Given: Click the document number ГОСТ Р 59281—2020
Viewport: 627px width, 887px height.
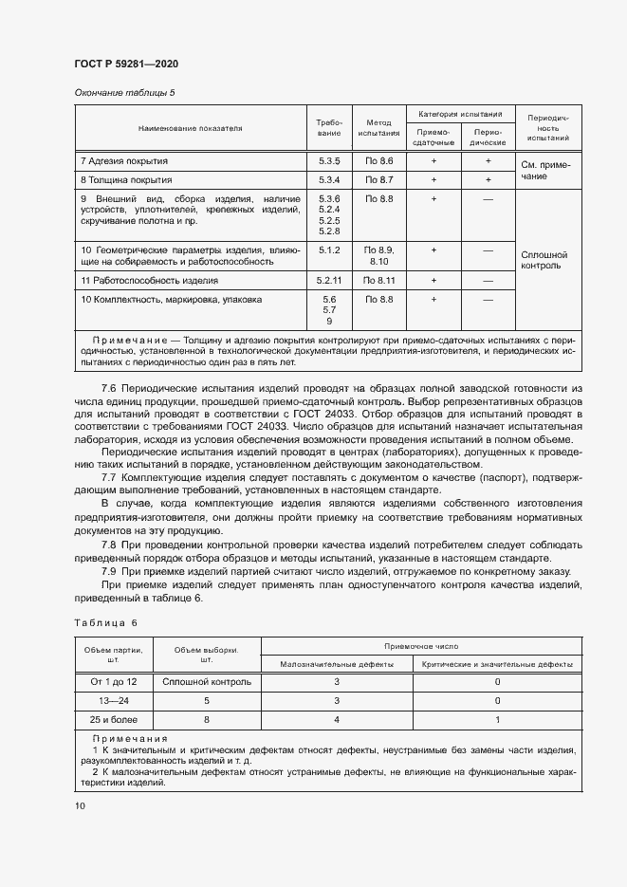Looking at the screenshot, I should pyautogui.click(x=126, y=64).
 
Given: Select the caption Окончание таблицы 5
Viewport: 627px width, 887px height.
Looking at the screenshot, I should pyautogui.click(x=124, y=92).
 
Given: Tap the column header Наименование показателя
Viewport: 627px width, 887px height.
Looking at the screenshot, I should pyautogui.click(x=190, y=127).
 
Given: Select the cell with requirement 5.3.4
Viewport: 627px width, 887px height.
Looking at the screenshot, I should pyautogui.click(x=329, y=179).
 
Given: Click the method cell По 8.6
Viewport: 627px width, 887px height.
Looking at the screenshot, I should pyautogui.click(x=378, y=161).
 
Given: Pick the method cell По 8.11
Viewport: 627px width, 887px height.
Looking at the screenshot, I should pyautogui.click(x=378, y=281).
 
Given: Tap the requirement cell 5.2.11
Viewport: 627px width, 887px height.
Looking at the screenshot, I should pyautogui.click(x=329, y=281).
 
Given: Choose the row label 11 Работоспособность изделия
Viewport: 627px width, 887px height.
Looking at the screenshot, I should pyautogui.click(x=150, y=281).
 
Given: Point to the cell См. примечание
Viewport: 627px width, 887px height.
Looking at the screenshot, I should pyautogui.click(x=545, y=170).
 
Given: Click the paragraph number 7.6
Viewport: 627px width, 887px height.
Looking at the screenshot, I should pyautogui.click(x=108, y=389).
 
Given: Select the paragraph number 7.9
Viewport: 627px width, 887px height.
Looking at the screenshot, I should pyautogui.click(x=108, y=571).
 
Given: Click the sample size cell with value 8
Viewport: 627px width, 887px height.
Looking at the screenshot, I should pyautogui.click(x=206, y=719).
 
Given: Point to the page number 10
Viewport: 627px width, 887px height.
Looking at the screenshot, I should pyautogui.click(x=80, y=805).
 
